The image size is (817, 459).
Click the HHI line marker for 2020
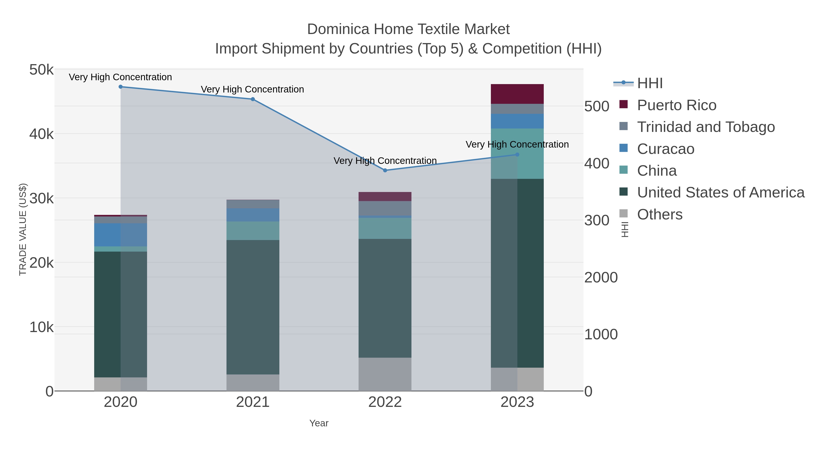[x=121, y=87]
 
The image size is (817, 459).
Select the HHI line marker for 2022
[x=385, y=170]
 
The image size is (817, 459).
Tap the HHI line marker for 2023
[x=517, y=155]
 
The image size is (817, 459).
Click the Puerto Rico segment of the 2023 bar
[x=517, y=94]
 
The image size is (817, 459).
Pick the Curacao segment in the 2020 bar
[x=121, y=235]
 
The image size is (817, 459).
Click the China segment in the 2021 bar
[x=253, y=231]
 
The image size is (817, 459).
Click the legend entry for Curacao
[x=665, y=149]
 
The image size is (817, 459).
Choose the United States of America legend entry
[x=721, y=193]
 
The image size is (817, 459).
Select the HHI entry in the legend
[x=650, y=83]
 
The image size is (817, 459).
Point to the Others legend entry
[x=660, y=214]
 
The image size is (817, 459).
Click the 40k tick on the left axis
[x=42, y=134]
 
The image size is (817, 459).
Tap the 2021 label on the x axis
[x=253, y=402]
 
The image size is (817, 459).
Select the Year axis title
[x=319, y=423]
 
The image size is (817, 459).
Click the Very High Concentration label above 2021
[x=252, y=89]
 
